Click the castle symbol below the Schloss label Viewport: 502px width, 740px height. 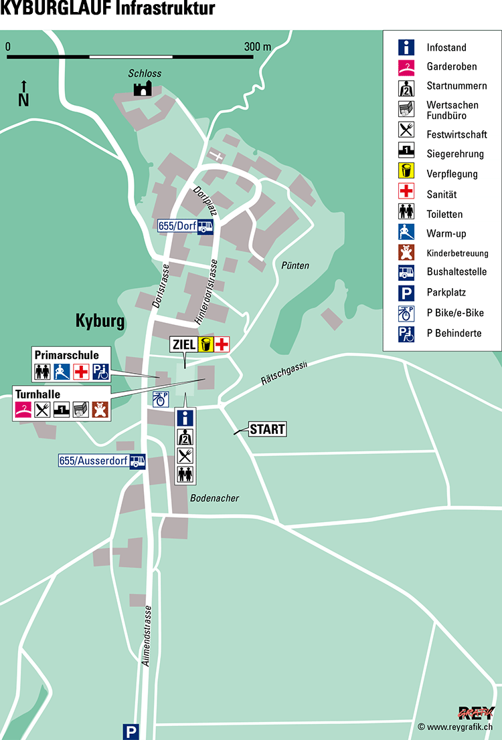[142, 88]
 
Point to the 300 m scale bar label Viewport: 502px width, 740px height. [258, 47]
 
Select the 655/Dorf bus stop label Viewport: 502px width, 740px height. [177, 226]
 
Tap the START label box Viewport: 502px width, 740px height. [267, 429]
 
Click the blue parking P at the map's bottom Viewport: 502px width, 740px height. [131, 732]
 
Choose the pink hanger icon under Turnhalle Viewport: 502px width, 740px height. [23, 410]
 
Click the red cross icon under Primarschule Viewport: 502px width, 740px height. [81, 371]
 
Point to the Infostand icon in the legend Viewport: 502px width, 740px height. [406, 47]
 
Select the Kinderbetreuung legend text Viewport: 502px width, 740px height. [457, 253]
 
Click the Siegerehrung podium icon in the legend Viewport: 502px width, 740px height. [406, 154]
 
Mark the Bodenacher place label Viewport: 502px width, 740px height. [214, 498]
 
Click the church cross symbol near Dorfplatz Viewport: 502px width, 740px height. [215, 155]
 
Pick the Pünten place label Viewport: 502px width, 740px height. [295, 265]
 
